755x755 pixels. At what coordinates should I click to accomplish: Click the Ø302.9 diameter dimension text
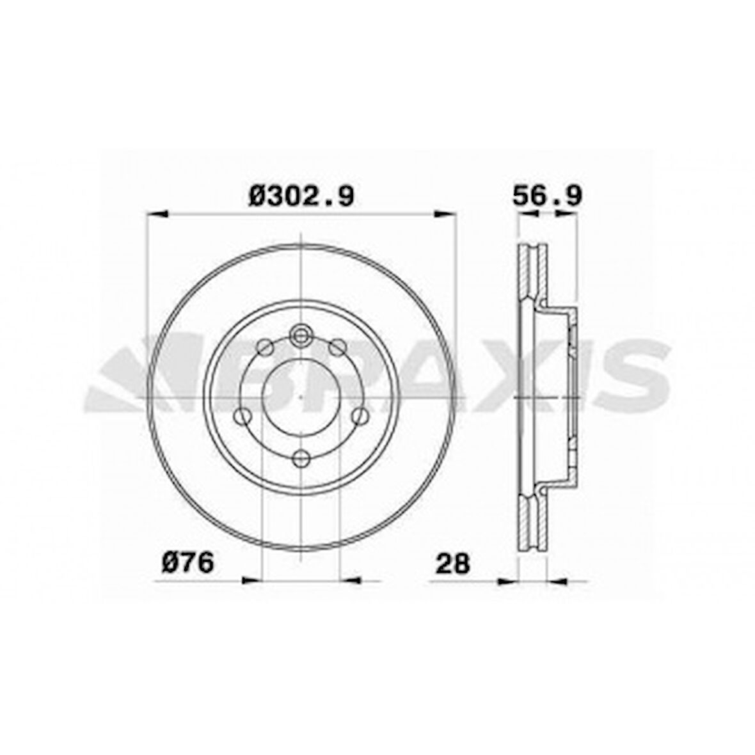point(301,195)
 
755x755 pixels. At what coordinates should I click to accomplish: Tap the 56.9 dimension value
point(547,195)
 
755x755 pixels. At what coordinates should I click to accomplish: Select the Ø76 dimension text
point(187,563)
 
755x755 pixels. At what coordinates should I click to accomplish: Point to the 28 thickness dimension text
point(452,563)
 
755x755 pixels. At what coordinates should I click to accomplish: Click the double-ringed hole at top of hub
point(300,334)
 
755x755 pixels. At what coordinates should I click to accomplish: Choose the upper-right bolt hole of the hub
point(337,347)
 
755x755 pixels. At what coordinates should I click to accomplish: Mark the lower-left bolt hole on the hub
point(242,417)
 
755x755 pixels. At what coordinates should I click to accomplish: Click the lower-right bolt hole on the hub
point(360,417)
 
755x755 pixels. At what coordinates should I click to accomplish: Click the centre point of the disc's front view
point(301,397)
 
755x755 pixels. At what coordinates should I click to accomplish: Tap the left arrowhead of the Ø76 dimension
point(252,580)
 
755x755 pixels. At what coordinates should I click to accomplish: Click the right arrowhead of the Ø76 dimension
point(351,580)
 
